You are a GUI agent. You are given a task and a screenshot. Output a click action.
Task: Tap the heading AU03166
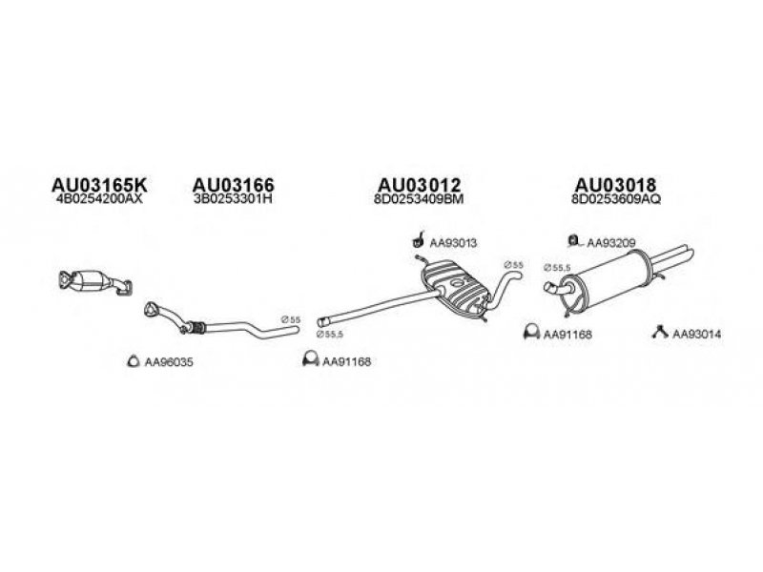point(234,184)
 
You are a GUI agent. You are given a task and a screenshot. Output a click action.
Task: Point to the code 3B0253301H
point(234,201)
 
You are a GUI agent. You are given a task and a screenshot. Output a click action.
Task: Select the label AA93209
point(610,243)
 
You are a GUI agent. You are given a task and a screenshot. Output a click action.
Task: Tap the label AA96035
point(168,361)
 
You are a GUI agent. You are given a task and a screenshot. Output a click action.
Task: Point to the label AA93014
point(697,334)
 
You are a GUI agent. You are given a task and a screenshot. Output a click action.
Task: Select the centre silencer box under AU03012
point(456,290)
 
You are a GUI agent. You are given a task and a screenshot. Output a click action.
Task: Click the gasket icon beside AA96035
point(134,360)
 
